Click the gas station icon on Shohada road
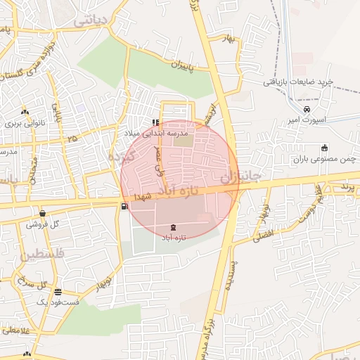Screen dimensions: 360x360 coord(125,206)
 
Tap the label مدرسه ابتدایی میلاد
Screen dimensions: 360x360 coord(166,132)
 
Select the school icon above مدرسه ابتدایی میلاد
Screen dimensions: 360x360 coord(155,122)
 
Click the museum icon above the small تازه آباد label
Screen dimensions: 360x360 coord(174,227)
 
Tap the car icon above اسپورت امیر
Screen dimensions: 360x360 coord(306,109)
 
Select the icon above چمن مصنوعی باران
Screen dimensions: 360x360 coord(324,148)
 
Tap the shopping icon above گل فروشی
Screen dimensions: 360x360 coord(43,213)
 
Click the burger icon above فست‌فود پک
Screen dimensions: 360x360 coord(58,292)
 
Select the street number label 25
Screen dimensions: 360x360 coord(72,139)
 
